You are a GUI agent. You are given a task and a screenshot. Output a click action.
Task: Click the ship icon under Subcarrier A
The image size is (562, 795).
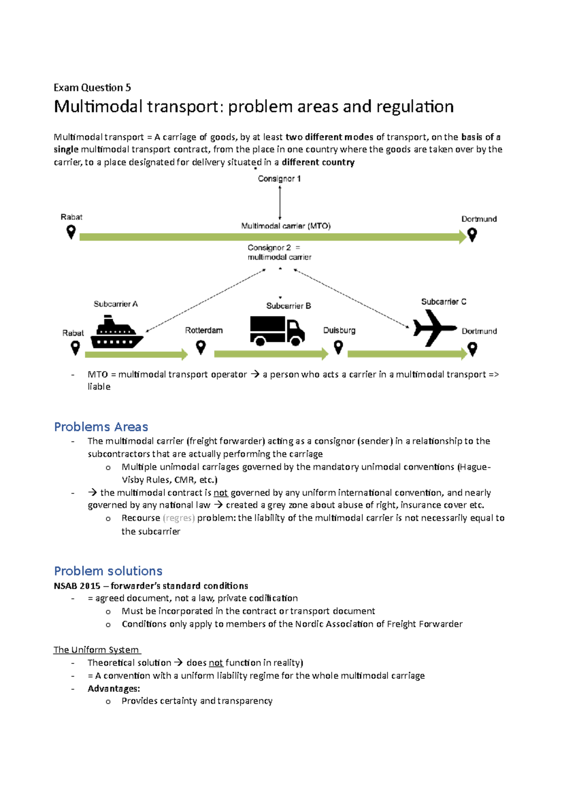coord(117,333)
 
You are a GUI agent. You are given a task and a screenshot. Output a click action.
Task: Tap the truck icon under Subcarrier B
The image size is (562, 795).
coord(277,331)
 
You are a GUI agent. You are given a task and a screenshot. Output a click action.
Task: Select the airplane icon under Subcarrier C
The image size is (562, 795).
coord(434,328)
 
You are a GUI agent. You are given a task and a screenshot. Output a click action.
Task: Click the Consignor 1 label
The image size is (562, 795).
coord(279,179)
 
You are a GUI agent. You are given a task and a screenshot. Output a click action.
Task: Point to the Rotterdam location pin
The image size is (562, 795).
coord(201,347)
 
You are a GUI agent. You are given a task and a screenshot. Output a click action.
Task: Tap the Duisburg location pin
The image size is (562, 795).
coord(338,347)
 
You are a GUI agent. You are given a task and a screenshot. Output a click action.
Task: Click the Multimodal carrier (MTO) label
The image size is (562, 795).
coord(286,226)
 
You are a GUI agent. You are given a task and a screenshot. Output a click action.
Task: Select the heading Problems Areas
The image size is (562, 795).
coord(101,427)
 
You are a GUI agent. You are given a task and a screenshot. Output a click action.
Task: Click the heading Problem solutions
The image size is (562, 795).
coord(108,571)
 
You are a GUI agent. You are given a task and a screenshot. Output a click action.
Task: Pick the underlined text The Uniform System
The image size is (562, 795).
coord(96,650)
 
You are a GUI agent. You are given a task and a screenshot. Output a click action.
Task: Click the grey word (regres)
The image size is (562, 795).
coord(178,518)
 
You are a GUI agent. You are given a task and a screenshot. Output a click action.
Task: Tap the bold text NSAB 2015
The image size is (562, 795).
coord(77,586)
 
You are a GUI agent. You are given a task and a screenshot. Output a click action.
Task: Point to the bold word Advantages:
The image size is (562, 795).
coord(114,689)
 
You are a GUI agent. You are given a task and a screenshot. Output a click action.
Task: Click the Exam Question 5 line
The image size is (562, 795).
coord(92,88)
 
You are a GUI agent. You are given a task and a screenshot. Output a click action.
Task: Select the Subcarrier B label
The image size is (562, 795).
coord(288,306)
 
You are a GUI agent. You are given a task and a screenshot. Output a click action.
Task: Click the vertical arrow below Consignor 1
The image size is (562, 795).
coord(280,202)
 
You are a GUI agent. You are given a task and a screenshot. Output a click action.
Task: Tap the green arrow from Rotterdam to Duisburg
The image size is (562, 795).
coord(271,354)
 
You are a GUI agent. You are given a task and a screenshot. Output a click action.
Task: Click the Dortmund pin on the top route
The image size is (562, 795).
coord(472,235)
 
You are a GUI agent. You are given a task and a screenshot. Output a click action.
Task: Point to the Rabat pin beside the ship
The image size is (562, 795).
coord(75,348)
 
